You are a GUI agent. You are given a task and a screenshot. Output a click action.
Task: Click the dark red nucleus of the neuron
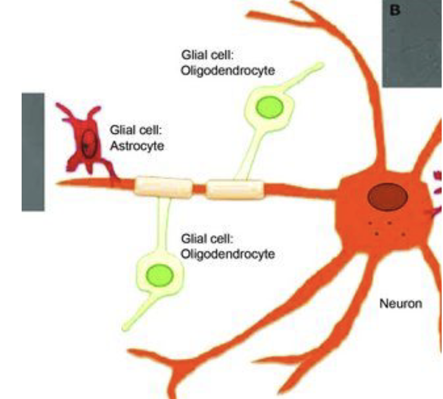coord(387,198)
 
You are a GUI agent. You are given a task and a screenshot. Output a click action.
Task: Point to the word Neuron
coord(400,304)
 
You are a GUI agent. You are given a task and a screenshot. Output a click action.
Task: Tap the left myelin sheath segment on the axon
coord(164,187)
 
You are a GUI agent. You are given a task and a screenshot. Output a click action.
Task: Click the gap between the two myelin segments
coord(199,188)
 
